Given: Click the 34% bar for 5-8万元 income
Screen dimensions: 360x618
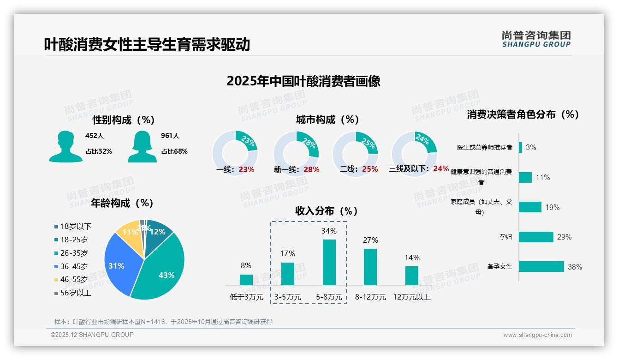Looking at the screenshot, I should coord(329,262).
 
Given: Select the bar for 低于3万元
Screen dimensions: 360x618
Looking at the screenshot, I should coord(246,280).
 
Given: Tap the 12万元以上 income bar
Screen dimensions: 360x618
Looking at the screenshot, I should coord(412,276).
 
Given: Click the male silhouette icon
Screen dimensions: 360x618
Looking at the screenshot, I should coord(65,147).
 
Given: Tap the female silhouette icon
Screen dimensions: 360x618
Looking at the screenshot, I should coord(142,147).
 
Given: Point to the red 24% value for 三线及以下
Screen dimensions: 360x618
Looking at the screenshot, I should coord(441,169).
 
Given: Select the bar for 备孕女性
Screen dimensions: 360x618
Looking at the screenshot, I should coord(541,267).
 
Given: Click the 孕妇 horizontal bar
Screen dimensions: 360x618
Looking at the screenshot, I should coord(535,237).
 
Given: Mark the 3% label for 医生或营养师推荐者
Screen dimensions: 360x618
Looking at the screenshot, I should coord(531,148).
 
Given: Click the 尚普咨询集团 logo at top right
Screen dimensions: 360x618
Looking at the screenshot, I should coord(536,39).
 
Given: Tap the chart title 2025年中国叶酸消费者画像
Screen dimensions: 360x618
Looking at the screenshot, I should coord(303,81).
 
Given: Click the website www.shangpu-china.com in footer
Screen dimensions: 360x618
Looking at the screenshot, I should coord(537,335).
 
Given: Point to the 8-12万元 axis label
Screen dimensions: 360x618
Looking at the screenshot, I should coord(370,297).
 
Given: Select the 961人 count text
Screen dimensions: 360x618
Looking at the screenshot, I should coord(170,136).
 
